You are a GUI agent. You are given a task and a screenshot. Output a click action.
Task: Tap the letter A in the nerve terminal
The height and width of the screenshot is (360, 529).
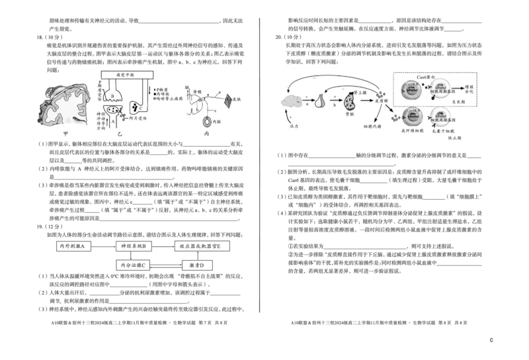coord(112,120)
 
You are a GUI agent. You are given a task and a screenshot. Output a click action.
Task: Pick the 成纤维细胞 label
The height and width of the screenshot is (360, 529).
coord(412,131)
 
